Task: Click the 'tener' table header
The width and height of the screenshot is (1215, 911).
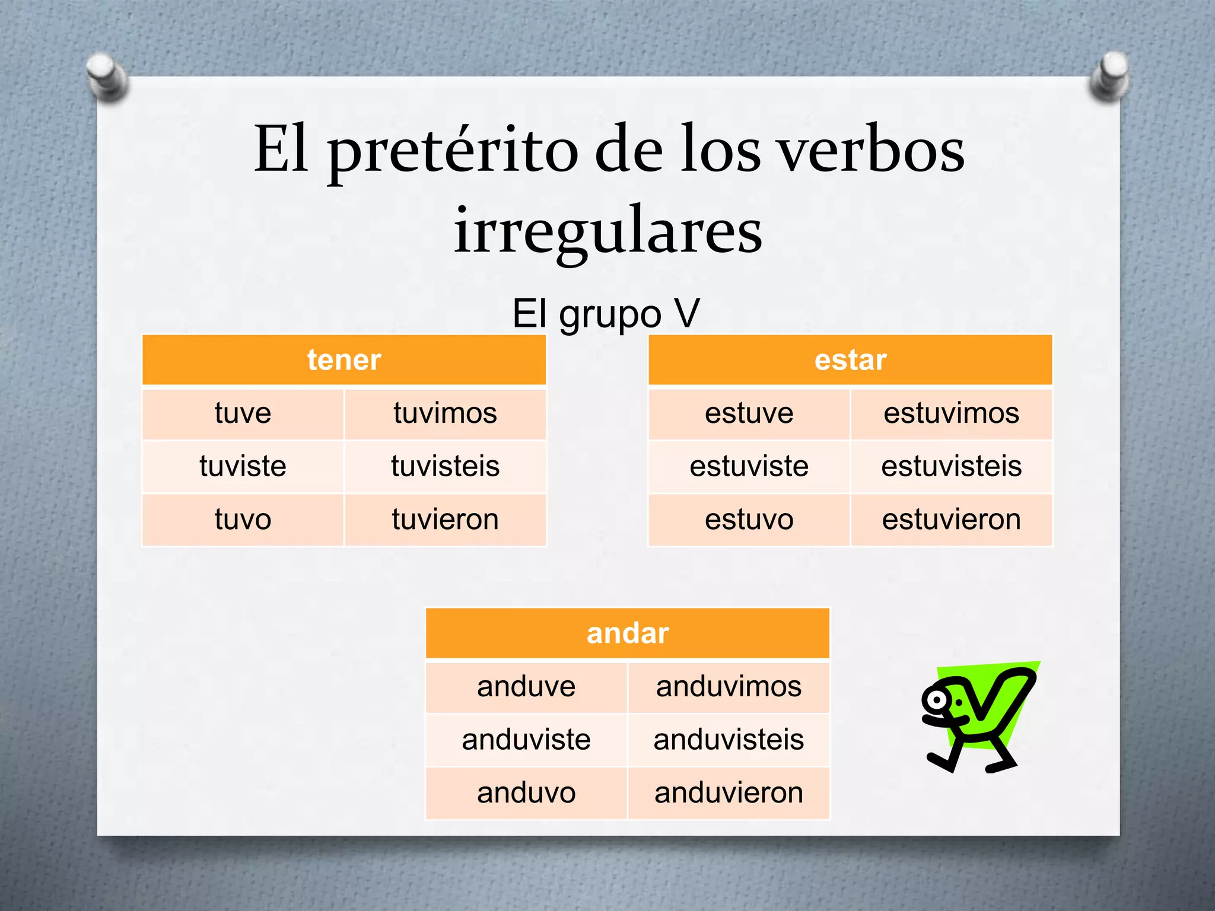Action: (344, 360)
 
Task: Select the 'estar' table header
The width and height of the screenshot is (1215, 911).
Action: (850, 360)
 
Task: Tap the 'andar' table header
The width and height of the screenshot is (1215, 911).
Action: (628, 633)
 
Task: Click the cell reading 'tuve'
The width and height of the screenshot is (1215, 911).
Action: (243, 413)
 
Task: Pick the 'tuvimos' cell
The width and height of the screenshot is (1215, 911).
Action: (445, 413)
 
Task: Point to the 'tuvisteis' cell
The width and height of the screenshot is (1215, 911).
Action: (445, 466)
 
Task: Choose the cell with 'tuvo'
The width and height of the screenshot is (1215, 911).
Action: (243, 520)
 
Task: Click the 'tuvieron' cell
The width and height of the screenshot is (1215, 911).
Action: (445, 520)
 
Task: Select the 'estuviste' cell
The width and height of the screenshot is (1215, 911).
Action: (749, 466)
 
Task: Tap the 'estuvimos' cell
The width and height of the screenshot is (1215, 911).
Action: (951, 413)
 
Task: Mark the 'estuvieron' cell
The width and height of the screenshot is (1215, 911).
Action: (951, 520)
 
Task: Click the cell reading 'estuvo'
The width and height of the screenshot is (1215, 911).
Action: (749, 520)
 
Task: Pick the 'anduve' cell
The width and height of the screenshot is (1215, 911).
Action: (526, 687)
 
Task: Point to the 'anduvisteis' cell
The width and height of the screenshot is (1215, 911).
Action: (729, 740)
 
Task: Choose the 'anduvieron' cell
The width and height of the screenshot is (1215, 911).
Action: (729, 793)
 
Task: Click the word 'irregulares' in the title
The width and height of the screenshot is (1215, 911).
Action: (607, 231)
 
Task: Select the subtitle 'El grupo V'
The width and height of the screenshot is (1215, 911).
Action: (606, 314)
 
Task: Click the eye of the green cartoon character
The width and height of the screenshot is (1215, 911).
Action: (937, 700)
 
